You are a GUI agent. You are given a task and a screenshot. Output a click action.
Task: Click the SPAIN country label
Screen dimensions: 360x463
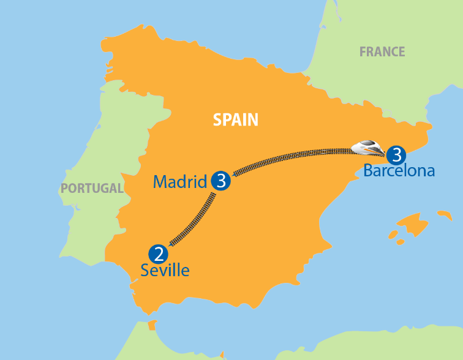tap(235, 120)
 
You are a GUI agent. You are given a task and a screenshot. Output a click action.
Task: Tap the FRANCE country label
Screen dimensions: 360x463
tap(382, 52)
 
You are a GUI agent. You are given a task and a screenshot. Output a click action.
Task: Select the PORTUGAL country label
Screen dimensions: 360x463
tap(92, 188)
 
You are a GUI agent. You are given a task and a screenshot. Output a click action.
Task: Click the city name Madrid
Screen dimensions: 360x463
tap(180, 182)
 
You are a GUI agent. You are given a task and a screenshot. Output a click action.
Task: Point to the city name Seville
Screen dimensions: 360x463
tap(165, 270)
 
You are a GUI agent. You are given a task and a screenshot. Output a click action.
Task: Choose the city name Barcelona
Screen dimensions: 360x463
tap(399, 170)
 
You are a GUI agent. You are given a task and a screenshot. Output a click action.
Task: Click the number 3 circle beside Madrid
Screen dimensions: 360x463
tap(220, 181)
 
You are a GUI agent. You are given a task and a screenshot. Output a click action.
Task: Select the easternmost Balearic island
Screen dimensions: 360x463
tap(443, 216)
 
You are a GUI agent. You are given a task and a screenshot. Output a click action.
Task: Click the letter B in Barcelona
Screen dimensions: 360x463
tap(367, 170)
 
